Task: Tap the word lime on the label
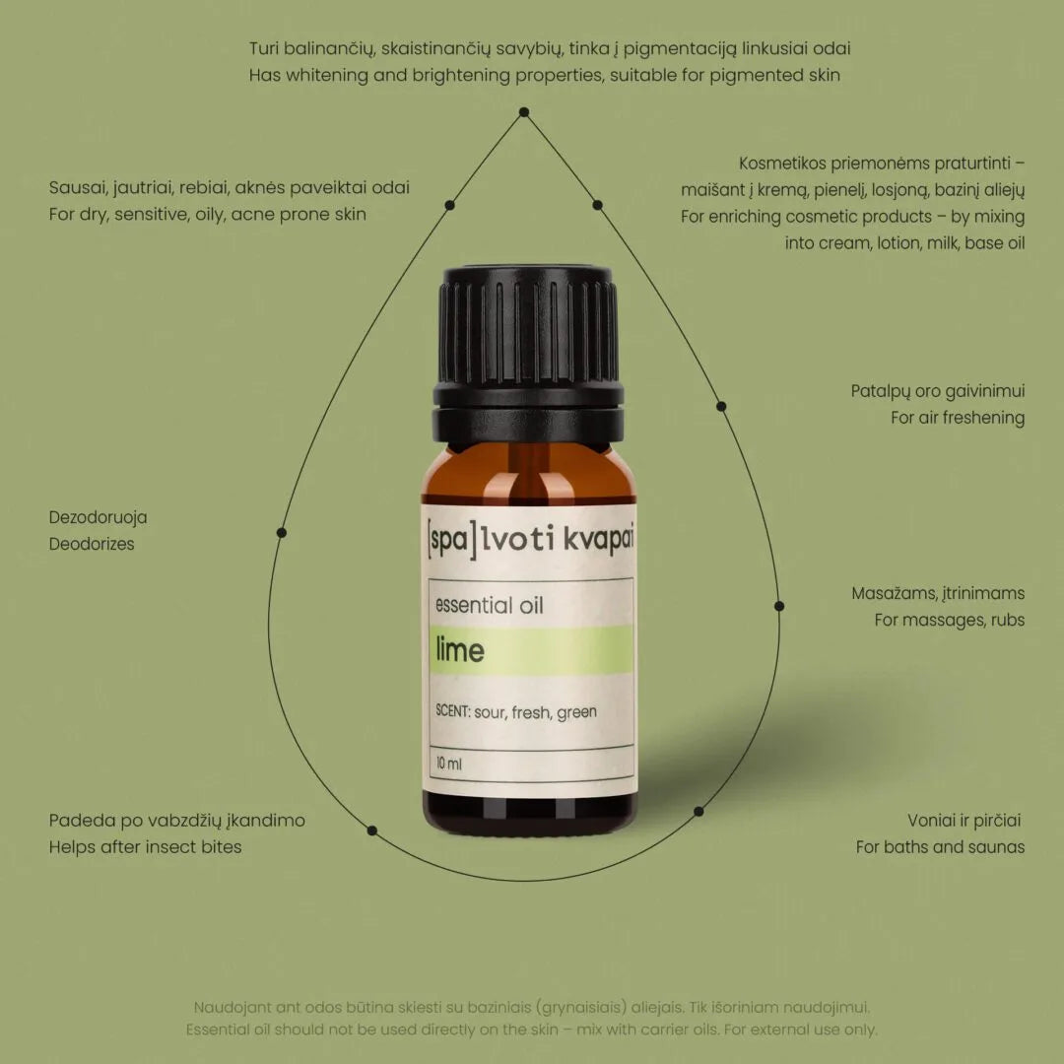coord(459,651)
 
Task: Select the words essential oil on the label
coord(489,605)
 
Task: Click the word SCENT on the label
coord(452,712)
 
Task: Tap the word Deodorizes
coord(92,544)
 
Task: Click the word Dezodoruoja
coord(99,517)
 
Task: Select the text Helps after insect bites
coord(145,847)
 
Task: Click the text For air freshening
coord(958,418)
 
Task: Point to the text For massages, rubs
coord(950,621)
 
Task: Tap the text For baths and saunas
coord(940,847)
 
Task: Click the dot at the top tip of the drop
coord(524,112)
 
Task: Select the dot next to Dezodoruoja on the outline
coord(282,532)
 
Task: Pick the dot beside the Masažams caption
coord(778,606)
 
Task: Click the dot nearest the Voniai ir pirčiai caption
coord(698,812)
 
